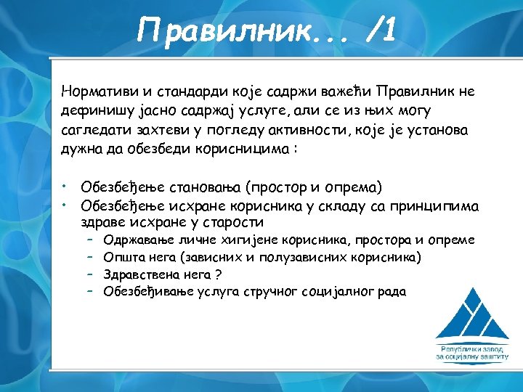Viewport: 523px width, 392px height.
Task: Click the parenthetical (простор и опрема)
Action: tap(314, 187)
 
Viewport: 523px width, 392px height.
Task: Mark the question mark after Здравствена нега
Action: tap(218, 274)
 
